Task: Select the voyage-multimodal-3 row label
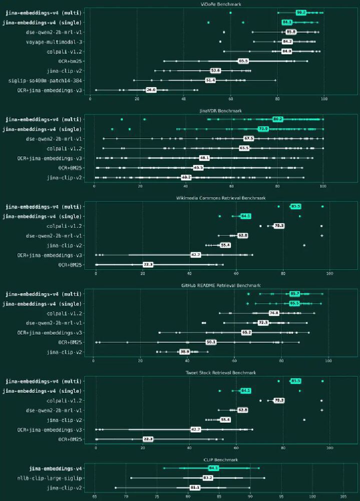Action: [54, 42]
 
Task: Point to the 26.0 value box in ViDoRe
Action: [151, 90]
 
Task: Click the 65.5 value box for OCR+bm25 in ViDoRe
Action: [243, 61]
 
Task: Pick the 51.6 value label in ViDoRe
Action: [210, 80]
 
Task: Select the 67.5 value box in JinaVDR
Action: [249, 139]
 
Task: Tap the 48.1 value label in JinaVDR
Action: [204, 158]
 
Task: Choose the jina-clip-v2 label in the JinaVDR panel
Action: [64, 177]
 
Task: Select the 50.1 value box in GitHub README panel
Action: [211, 342]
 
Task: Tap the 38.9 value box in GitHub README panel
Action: [185, 352]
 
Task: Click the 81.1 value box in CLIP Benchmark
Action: [195, 487]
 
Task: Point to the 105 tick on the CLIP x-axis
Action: [343, 497]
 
